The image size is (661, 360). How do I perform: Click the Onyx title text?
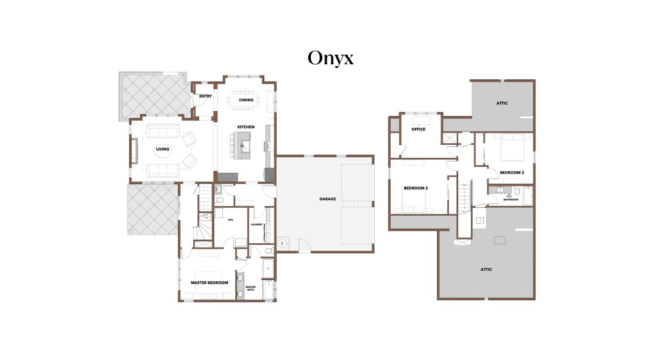pos(330,58)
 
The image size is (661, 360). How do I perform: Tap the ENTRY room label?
pos(206,96)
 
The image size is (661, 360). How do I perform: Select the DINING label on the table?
pos(246,100)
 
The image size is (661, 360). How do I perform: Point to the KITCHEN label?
pos(246,127)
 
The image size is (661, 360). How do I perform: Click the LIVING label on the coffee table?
pos(163,149)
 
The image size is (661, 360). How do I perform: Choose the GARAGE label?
pos(327,199)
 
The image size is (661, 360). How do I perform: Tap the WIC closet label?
pos(231,220)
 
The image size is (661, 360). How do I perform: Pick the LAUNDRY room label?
pos(257,224)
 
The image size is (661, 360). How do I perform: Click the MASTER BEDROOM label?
pos(209,283)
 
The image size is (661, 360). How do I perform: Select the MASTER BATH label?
pos(251,288)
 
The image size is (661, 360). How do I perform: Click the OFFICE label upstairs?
pos(418,129)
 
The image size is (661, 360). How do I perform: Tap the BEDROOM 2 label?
pos(416,188)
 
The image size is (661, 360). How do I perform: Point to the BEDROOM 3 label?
pos(512,173)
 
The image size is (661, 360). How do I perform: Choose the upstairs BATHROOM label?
pos(511,200)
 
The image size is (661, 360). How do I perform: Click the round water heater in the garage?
pos(282,243)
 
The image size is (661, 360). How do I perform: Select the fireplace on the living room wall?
pos(134,151)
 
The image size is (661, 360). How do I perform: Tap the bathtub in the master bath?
pos(269,290)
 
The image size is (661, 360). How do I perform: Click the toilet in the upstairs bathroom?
pos(516,191)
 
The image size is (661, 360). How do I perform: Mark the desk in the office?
pos(421,120)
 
